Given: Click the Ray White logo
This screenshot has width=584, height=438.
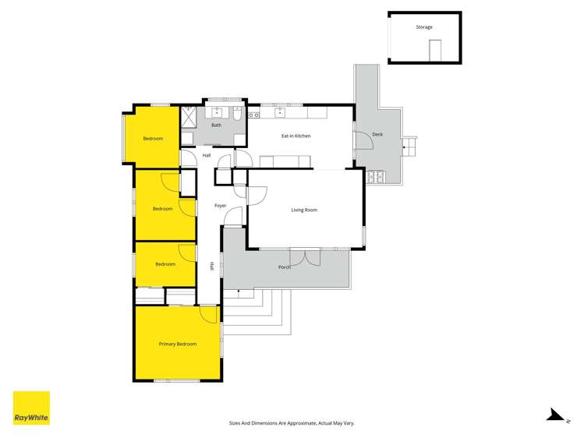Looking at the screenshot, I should click(31, 408).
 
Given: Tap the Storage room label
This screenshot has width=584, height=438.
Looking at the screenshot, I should click(423, 27).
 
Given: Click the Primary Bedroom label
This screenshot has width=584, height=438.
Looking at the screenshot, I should click(178, 344).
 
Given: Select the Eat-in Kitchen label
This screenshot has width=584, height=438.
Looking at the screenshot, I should click(296, 136).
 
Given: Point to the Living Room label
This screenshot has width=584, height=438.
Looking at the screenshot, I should click(304, 210).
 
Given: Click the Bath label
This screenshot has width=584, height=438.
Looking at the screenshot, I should click(216, 125).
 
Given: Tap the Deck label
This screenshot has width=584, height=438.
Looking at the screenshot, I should click(377, 134).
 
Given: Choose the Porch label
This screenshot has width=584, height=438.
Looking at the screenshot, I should click(285, 267).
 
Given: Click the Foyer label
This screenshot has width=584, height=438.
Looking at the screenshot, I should click(221, 205).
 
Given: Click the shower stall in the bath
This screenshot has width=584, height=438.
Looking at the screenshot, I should click(189, 116).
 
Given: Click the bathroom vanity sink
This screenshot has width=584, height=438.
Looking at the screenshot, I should click(216, 112).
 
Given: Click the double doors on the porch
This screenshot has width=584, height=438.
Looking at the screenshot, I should click(305, 256).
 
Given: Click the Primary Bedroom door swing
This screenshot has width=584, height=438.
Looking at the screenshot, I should click(209, 313).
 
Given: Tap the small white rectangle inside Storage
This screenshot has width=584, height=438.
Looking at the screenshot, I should click(435, 48).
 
